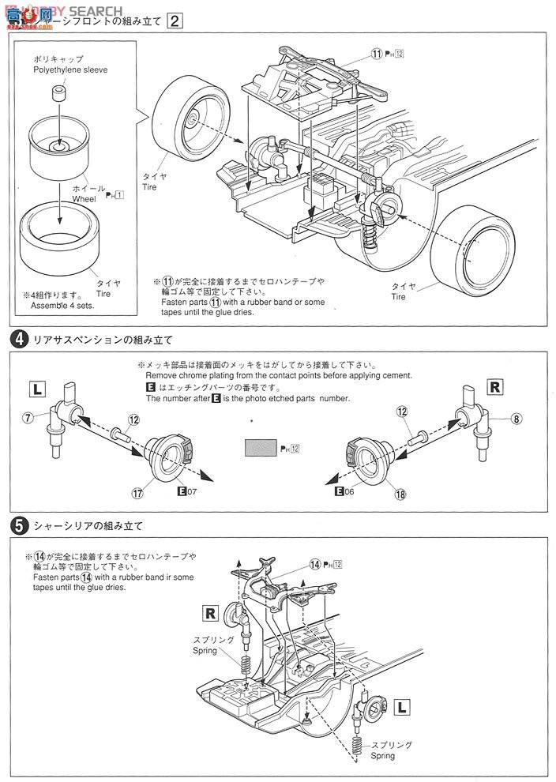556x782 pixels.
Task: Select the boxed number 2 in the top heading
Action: [175, 22]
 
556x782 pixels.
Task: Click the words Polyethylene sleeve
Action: [70, 70]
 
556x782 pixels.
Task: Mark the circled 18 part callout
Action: [401, 494]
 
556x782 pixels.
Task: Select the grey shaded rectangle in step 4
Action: [261, 448]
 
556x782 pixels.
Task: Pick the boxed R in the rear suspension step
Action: [494, 387]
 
